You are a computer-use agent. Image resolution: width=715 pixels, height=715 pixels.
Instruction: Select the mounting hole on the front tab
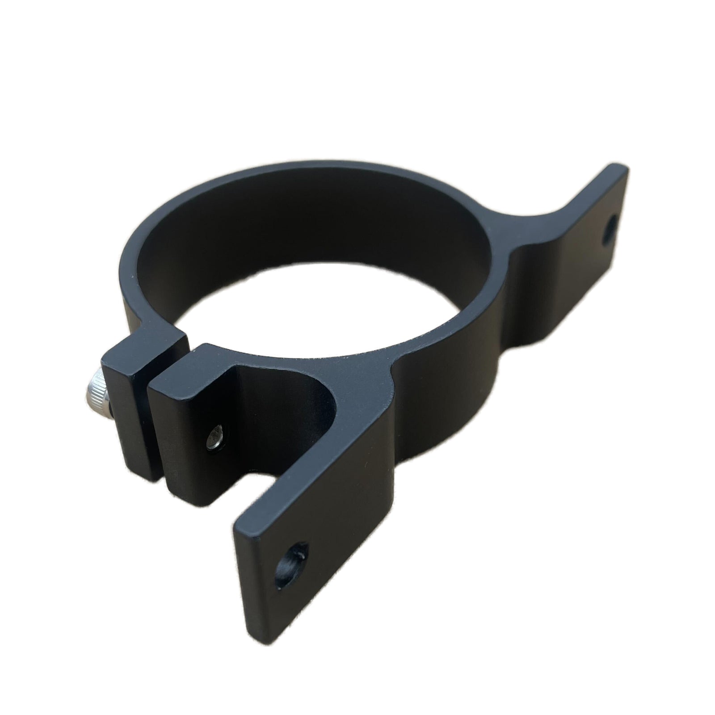point(288,567)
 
